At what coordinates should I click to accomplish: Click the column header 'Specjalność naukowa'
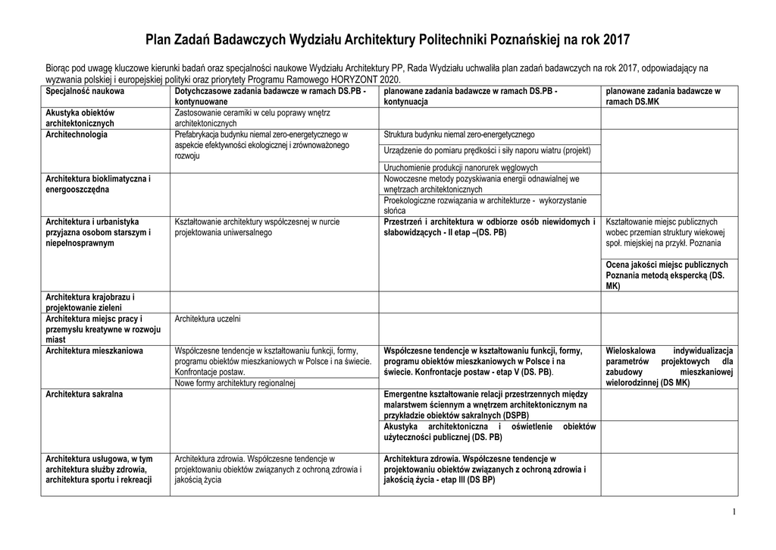85,91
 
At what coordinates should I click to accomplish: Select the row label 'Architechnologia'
77,134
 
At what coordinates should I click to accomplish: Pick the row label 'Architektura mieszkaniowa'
94,351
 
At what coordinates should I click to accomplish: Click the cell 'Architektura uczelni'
208,319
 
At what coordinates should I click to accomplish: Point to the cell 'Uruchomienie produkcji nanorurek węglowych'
461,168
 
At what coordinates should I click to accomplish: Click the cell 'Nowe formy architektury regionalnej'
234,384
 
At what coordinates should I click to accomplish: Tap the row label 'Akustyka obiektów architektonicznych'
80,118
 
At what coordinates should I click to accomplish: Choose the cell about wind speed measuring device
487,150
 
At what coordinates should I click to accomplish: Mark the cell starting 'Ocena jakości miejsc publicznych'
668,275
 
